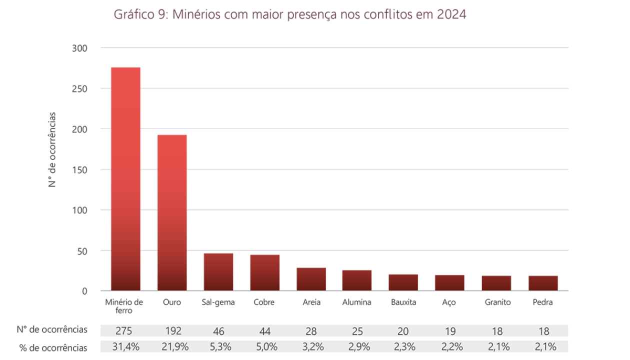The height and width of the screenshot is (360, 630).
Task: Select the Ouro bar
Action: click(172, 212)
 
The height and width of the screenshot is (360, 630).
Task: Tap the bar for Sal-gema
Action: click(218, 272)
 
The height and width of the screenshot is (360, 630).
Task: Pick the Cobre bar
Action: click(265, 272)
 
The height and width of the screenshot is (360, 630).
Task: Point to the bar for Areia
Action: click(311, 279)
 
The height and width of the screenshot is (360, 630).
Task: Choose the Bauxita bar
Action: click(403, 282)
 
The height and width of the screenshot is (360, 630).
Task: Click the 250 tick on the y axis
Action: click(80, 88)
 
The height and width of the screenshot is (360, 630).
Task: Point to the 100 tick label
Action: click(80, 210)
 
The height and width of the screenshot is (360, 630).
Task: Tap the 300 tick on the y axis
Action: click(80, 48)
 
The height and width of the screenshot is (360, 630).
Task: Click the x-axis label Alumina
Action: click(357, 302)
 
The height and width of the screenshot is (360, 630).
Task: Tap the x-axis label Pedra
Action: click(543, 302)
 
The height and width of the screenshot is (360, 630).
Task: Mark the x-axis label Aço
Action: click(449, 302)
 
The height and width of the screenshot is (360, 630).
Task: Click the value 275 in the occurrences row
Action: click(125, 331)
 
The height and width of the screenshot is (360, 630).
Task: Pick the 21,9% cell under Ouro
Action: click(172, 347)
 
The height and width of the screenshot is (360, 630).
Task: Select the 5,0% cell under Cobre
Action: click(265, 347)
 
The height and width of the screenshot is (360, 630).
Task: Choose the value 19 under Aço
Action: click(449, 331)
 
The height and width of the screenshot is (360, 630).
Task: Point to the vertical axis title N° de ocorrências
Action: click(52, 150)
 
